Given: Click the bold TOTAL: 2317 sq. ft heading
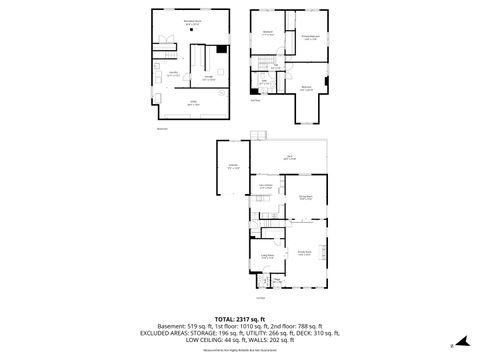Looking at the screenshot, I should point(239,318).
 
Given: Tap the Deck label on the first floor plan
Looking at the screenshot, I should point(288,156).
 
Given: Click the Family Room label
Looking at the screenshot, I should point(304,253).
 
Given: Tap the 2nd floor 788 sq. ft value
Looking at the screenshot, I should point(296,326).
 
